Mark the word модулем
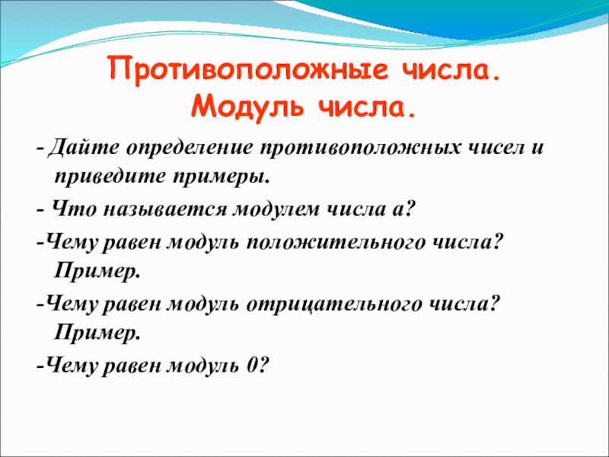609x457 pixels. pyautogui.click(x=276, y=210)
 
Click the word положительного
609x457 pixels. pyautogui.click(x=336, y=244)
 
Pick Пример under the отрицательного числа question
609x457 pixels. pyautogui.click(x=97, y=333)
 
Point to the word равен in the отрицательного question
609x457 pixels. pyautogui.click(x=132, y=304)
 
